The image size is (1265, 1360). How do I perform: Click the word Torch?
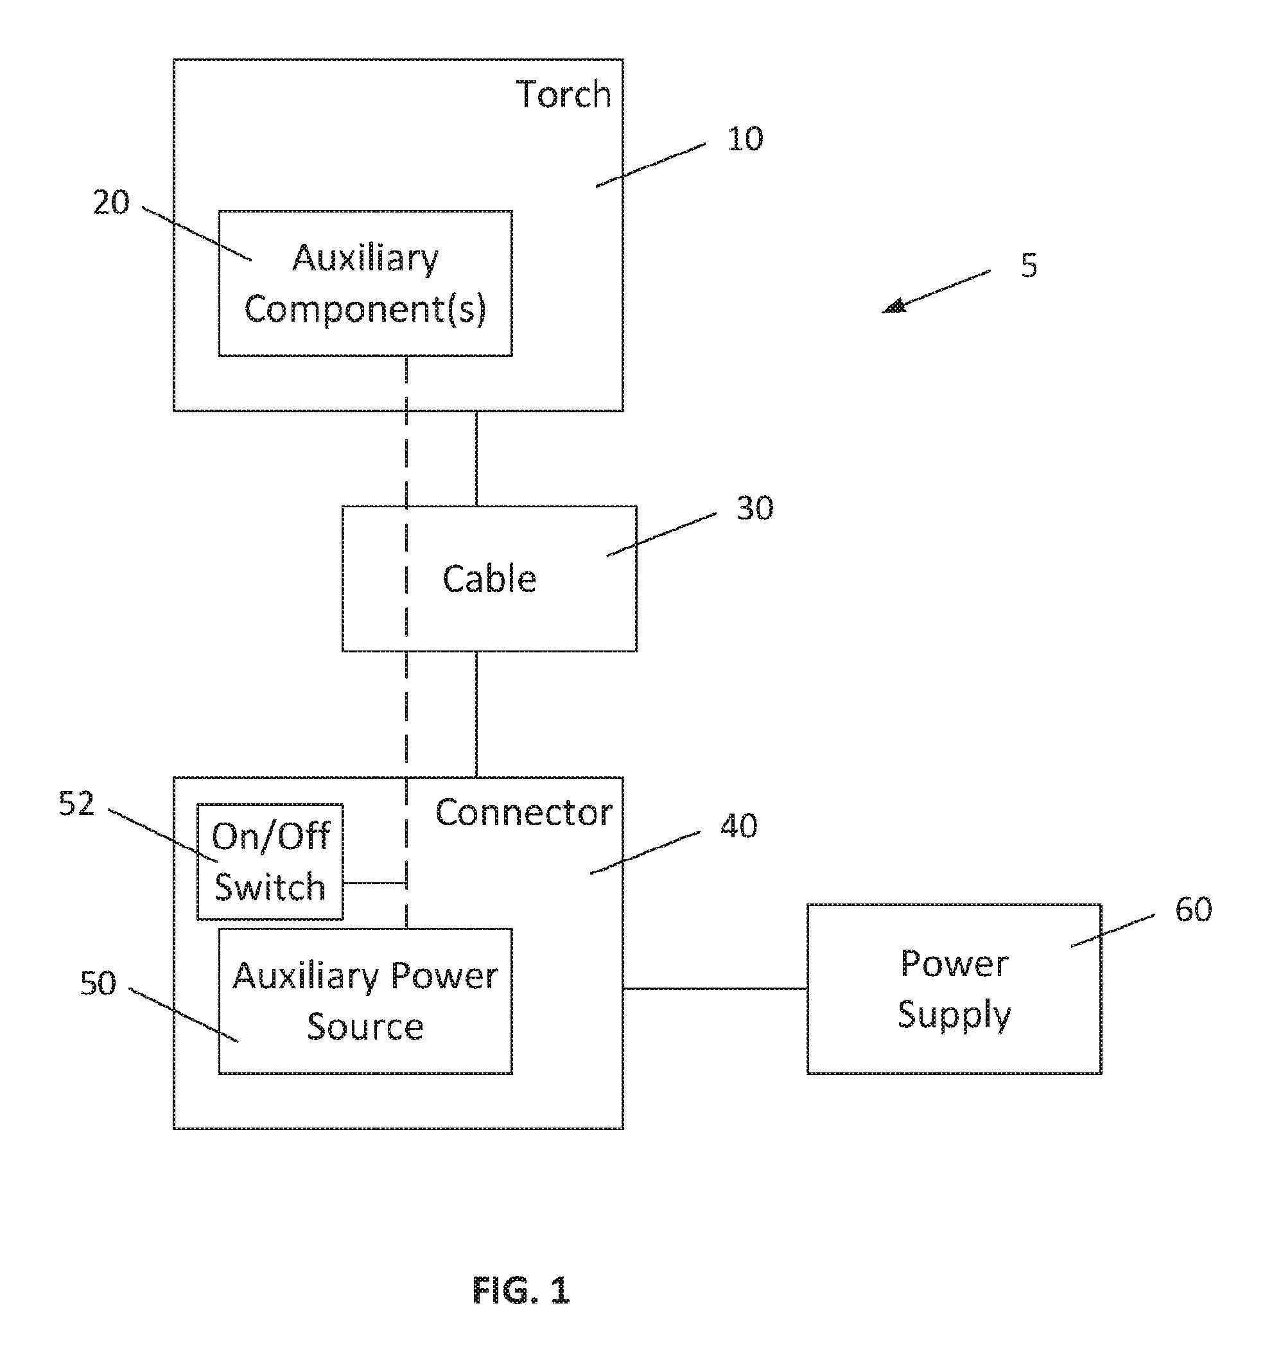point(563,94)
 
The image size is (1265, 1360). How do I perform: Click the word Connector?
point(524,813)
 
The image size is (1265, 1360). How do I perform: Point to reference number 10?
point(745,139)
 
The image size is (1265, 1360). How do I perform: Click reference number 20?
point(111,202)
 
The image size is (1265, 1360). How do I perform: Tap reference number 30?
point(755,508)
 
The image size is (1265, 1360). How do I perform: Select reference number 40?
point(739,826)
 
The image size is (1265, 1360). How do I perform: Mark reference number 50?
point(98,983)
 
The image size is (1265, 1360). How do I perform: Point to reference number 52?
point(76,804)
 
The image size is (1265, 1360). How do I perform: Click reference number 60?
point(1193,909)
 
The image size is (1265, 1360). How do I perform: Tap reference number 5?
point(1029,265)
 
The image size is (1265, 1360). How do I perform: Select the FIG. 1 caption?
point(521,1290)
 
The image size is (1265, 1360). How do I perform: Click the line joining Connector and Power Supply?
point(715,988)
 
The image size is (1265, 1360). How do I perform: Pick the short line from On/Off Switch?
point(375,882)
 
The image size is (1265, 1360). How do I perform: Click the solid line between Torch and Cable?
point(476,458)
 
